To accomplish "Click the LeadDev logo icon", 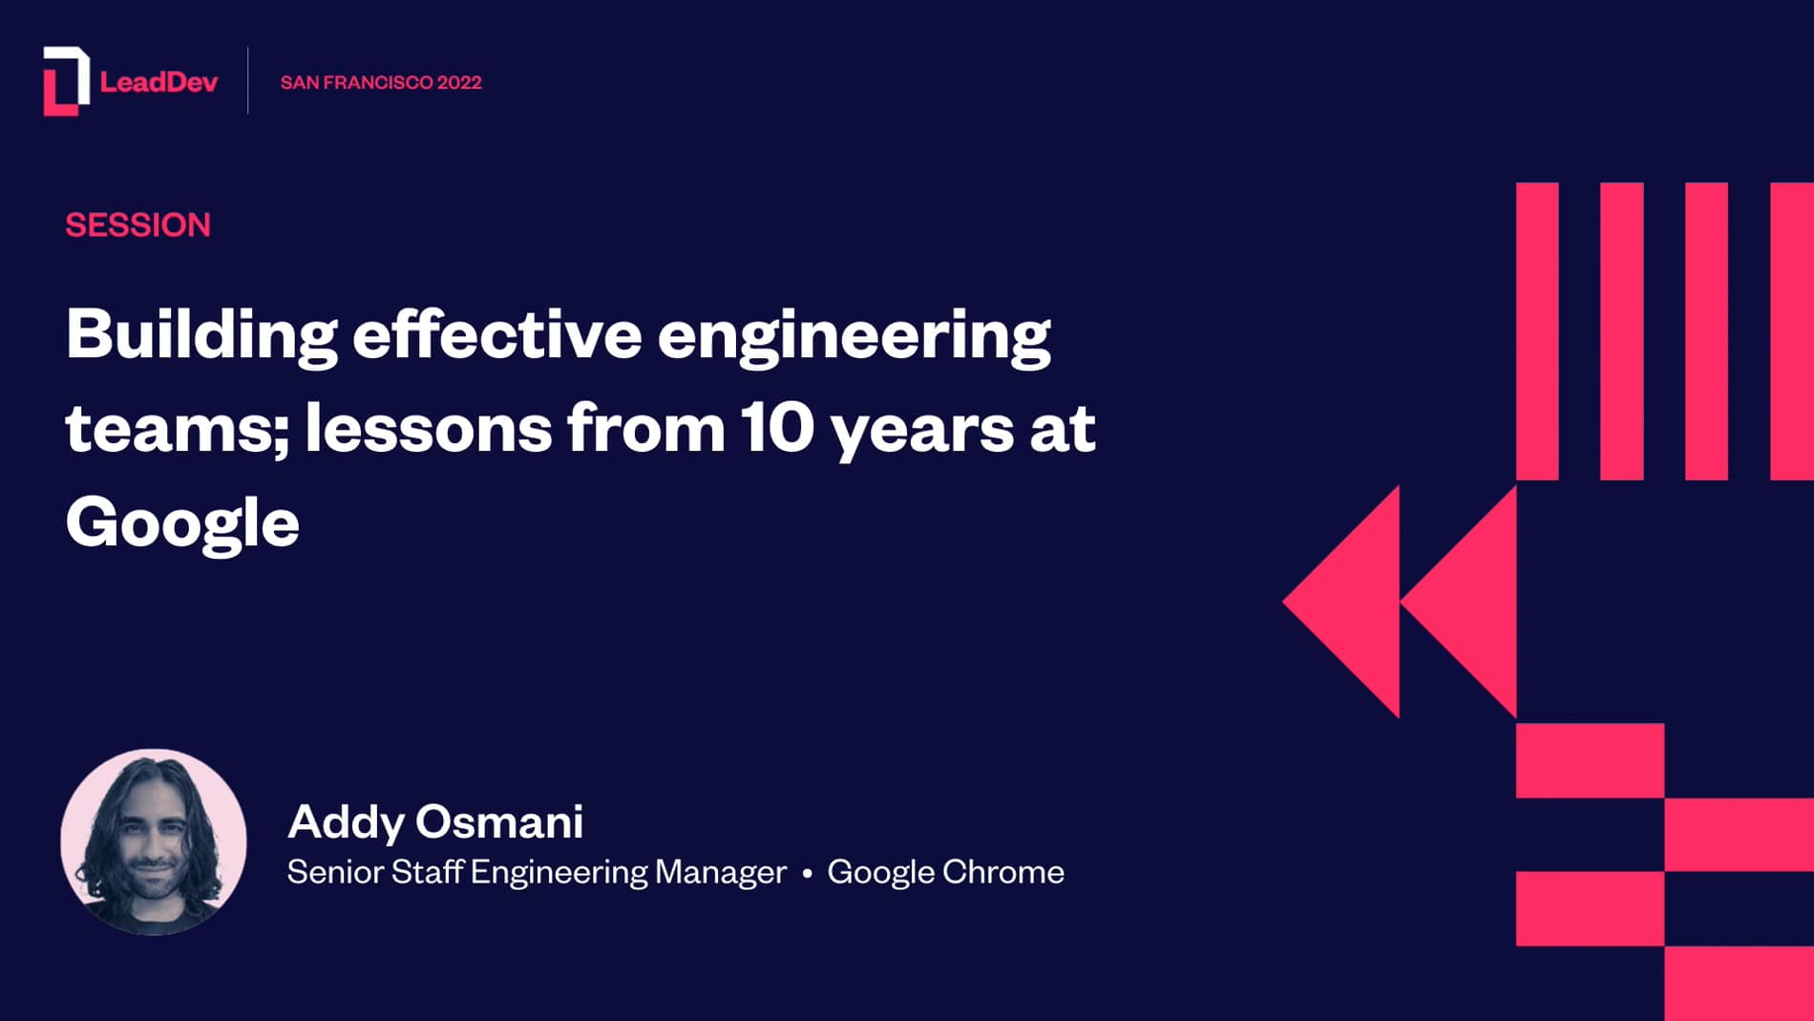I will [x=66, y=81].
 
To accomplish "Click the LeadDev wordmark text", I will [x=158, y=82].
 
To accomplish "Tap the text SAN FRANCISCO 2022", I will [x=381, y=82].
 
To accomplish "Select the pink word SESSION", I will [x=137, y=225].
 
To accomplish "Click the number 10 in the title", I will [x=776, y=428].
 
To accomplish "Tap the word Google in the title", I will [x=182, y=523].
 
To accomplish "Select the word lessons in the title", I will [x=428, y=428].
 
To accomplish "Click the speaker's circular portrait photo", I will [x=154, y=841].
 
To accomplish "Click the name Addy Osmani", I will [x=435, y=821].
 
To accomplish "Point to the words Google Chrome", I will [x=945, y=872].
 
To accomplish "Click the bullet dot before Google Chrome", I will [x=807, y=873].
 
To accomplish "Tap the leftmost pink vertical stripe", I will [x=1537, y=330].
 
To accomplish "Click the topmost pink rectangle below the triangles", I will [x=1590, y=760].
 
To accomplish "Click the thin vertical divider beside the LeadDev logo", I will [x=248, y=81].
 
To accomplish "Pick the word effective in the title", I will [x=496, y=335].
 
